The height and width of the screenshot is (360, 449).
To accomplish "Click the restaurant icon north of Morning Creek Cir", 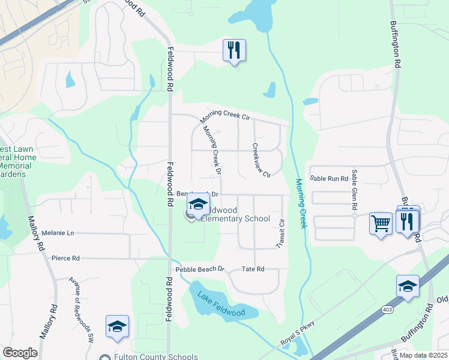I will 234,50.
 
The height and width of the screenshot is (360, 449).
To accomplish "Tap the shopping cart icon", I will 381,223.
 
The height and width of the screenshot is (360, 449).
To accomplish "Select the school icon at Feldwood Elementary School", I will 198,204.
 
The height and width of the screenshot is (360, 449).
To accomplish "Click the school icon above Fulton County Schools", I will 117,326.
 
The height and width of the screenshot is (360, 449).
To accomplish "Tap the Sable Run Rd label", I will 329,178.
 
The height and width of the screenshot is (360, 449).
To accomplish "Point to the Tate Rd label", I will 253,269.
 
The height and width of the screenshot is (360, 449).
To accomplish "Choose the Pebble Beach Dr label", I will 200,269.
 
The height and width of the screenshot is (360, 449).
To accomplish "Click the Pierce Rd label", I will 65,258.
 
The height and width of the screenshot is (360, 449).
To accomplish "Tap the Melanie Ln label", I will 58,232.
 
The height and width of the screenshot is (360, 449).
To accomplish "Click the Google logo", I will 20,353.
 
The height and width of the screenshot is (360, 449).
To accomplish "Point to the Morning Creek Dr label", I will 211,151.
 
